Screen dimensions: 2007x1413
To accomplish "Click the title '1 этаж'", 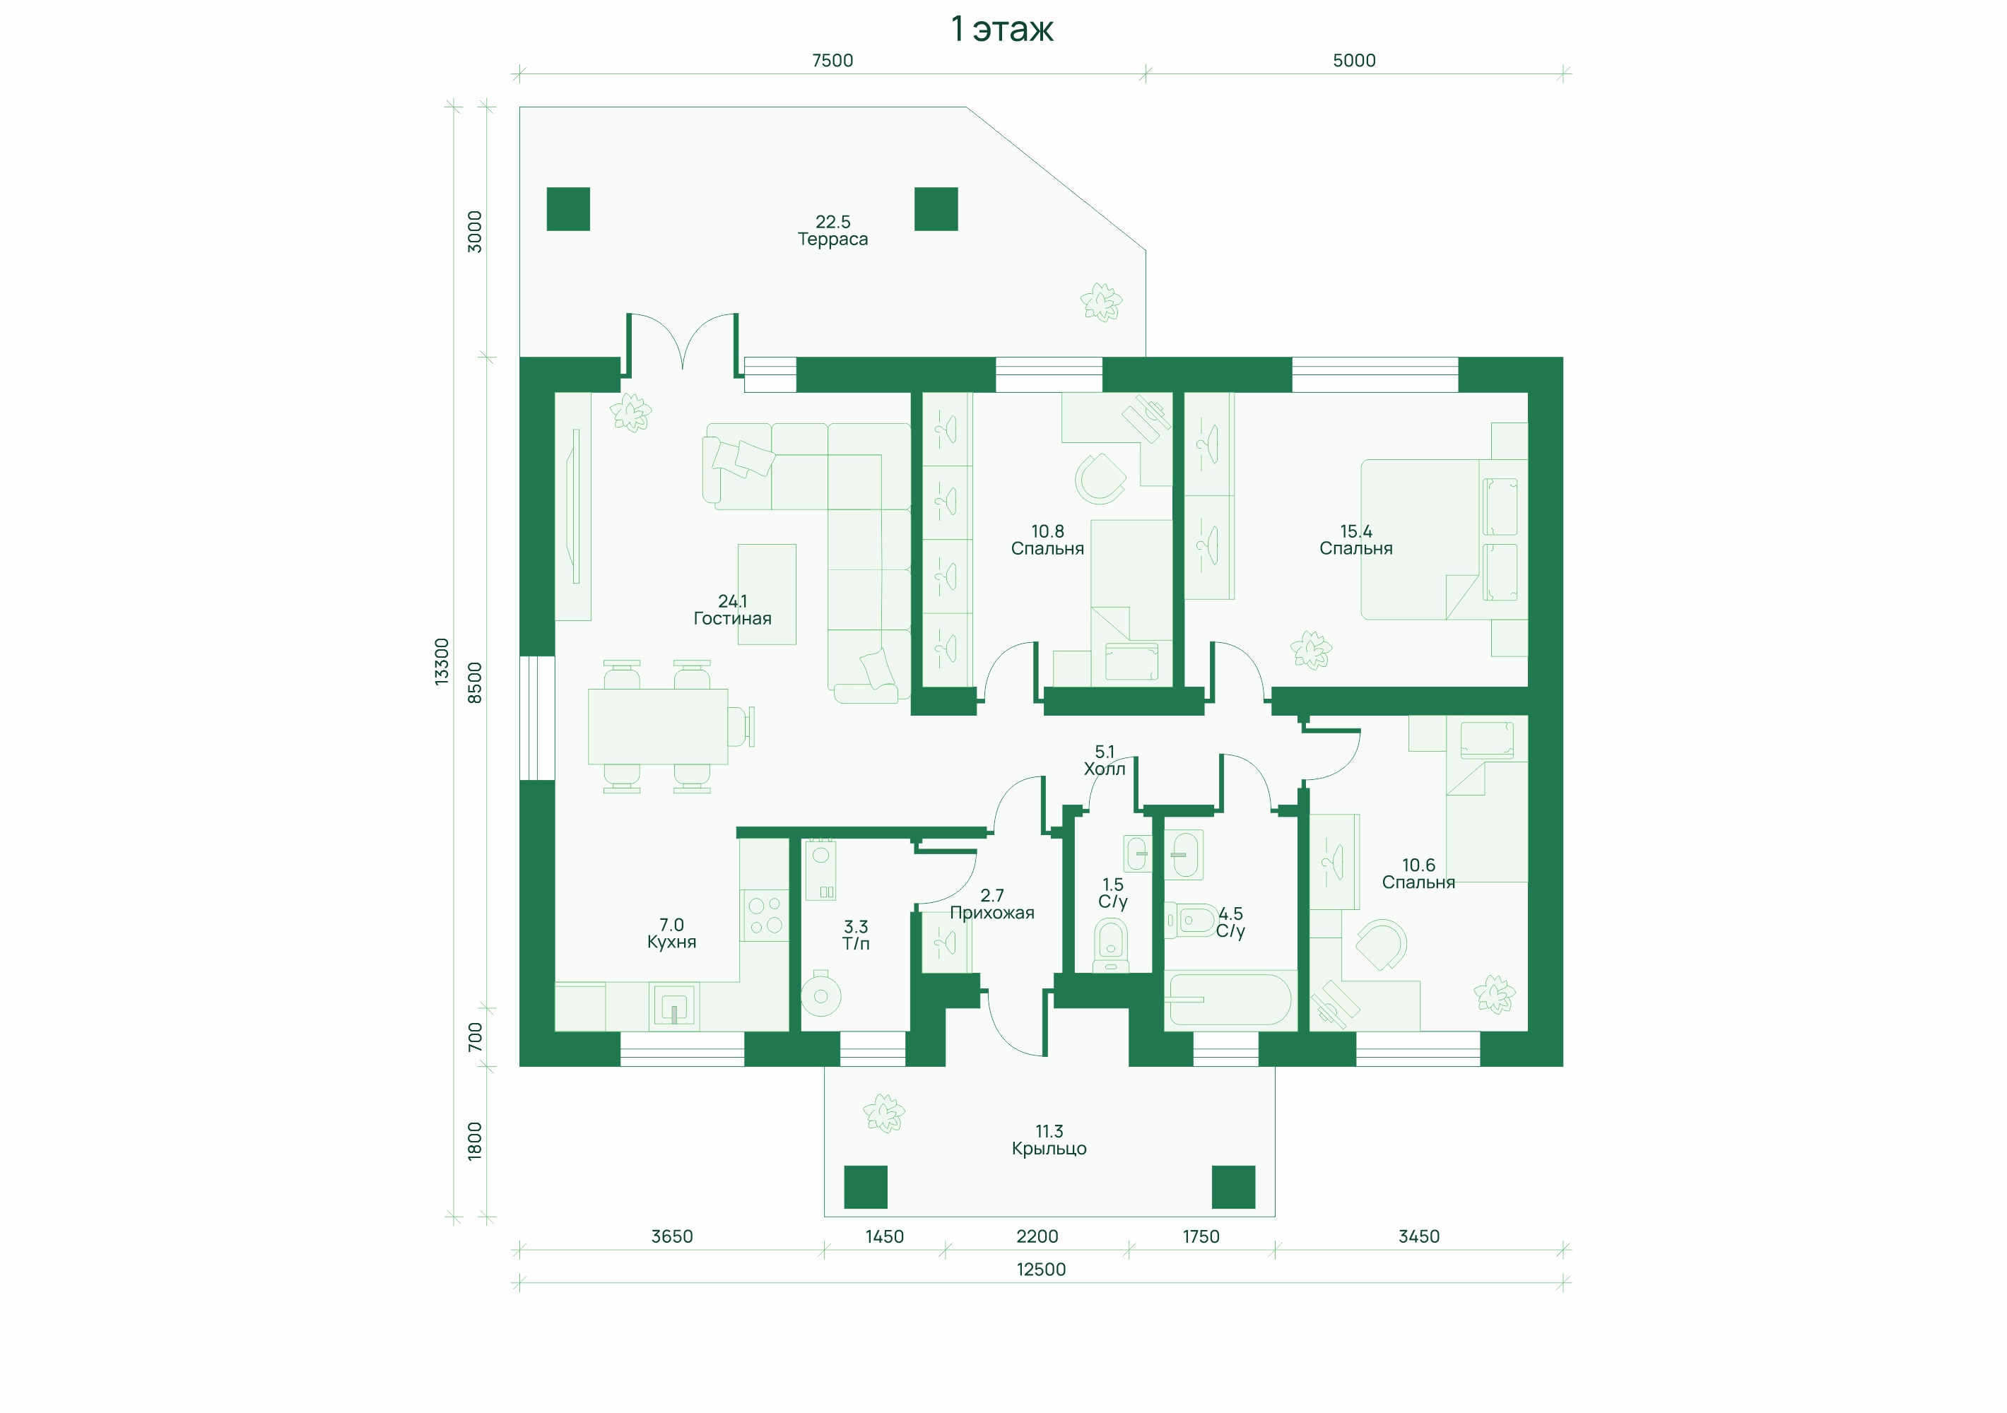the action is coord(1002,30).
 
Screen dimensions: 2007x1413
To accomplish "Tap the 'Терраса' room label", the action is coord(832,240).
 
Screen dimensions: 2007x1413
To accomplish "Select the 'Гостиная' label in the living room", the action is coord(733,619).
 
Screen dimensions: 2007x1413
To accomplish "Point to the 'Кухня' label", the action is coord(671,942).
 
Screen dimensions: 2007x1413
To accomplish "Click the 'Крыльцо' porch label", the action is coord(1049,1149).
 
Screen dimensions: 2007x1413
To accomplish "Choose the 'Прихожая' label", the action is coord(992,914).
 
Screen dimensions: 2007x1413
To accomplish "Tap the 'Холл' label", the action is coord(1105,769).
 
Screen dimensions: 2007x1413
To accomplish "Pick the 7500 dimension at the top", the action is coord(832,60).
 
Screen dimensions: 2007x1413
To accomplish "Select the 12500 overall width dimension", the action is coord(1041,1270).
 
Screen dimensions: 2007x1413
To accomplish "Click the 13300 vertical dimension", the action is coord(442,661).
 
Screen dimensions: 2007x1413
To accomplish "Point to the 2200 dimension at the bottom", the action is coord(1037,1236).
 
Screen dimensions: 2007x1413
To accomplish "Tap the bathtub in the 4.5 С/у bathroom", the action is coord(1228,1000).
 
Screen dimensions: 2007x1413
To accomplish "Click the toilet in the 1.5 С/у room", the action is coord(1111,945).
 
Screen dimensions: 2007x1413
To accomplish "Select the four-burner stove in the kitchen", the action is coord(765,916).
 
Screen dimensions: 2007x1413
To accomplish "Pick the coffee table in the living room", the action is coord(767,594).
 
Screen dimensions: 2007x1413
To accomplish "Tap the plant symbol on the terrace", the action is coord(1102,302).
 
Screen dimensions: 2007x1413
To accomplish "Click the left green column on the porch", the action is coord(866,1188).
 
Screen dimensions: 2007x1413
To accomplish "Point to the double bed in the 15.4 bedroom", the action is coord(1443,539).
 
